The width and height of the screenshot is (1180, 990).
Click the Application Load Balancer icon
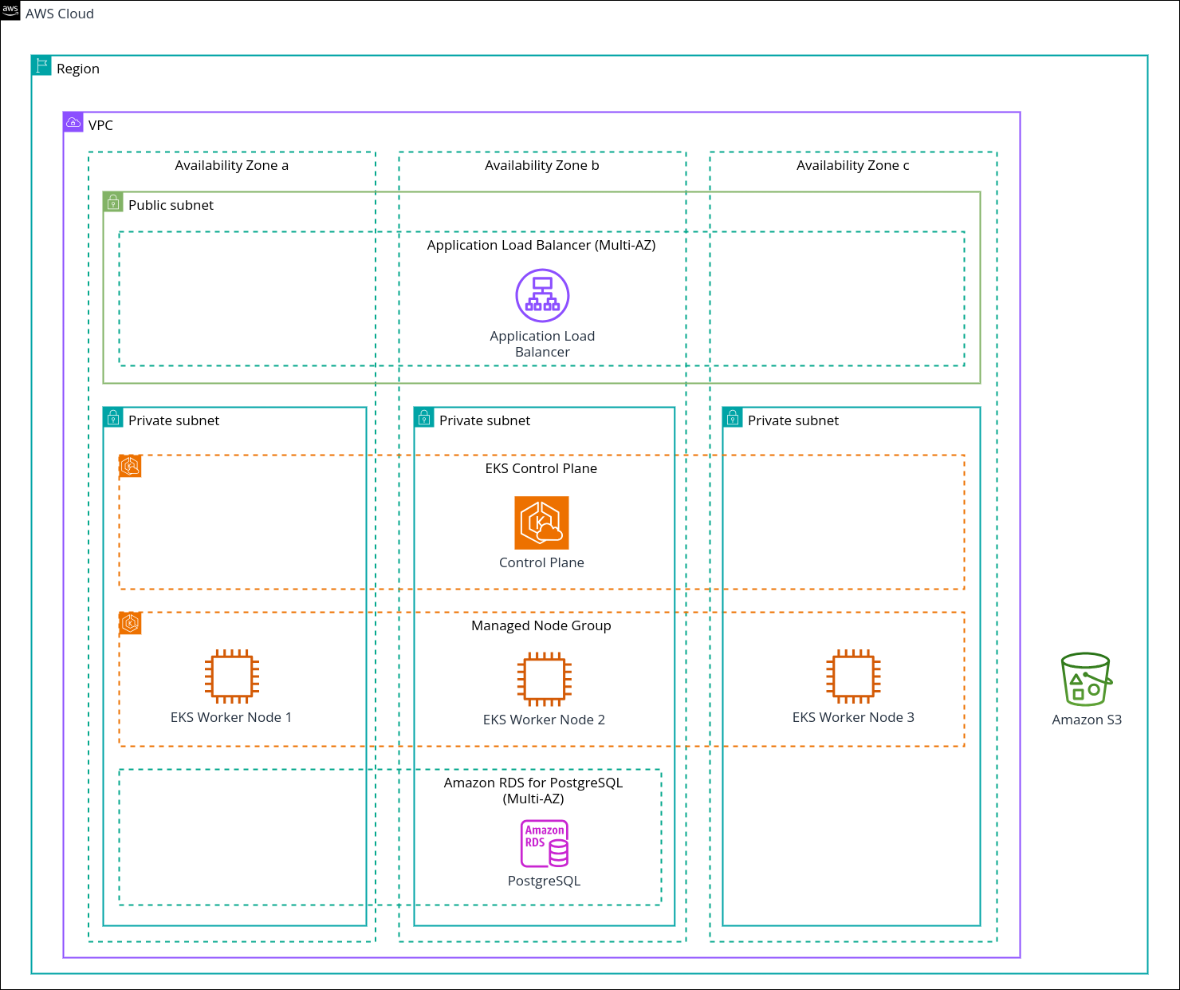[x=542, y=295]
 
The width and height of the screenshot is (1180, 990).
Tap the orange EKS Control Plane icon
[x=541, y=523]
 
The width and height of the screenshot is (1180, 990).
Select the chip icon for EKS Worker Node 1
[x=232, y=676]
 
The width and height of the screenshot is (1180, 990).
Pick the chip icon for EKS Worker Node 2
[x=545, y=679]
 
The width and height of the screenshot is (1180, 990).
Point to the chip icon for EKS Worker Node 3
[x=853, y=676]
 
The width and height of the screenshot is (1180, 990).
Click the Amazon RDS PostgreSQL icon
[x=545, y=843]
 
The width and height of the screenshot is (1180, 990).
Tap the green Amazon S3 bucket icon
[x=1086, y=679]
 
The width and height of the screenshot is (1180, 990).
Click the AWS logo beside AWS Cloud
[x=10, y=10]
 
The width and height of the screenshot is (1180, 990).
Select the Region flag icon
[x=41, y=65]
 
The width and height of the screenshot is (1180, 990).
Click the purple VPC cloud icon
[x=73, y=122]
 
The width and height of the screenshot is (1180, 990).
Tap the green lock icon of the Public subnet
[x=113, y=202]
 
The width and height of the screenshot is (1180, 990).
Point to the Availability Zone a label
[x=232, y=165]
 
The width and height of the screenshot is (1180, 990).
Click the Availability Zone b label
[x=542, y=165]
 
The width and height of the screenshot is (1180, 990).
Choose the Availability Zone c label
[x=853, y=165]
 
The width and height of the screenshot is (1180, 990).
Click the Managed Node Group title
[x=541, y=625]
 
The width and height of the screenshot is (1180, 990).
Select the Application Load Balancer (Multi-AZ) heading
[x=541, y=245]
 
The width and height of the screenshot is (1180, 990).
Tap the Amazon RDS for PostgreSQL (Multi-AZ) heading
[x=533, y=791]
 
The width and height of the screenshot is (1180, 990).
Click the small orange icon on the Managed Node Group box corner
[x=130, y=624]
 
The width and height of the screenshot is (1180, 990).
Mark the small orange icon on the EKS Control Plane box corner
[x=130, y=467]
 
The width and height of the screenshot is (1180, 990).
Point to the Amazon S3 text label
[x=1087, y=720]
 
